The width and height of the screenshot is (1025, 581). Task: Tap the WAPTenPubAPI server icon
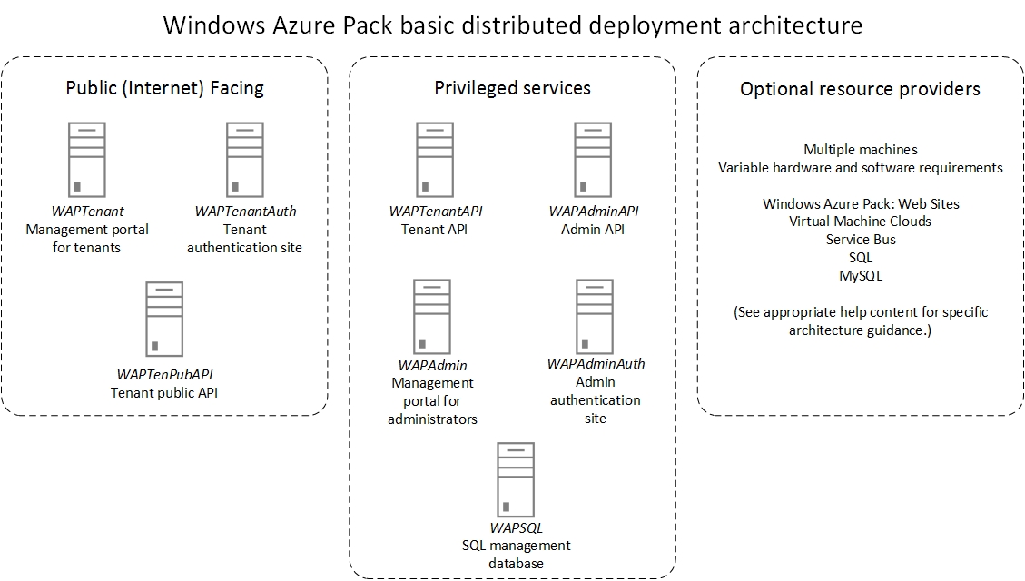pos(165,319)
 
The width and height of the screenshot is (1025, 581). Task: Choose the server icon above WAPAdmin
pos(432,316)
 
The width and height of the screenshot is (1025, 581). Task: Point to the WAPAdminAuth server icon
pos(596,316)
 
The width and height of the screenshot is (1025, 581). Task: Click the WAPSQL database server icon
pos(516,479)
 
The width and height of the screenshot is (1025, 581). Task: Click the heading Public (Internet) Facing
pos(164,88)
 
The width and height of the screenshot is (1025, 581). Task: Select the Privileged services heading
pos(512,88)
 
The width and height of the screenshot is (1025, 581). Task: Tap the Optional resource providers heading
pos(860,89)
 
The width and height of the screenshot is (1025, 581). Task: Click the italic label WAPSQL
pos(516,527)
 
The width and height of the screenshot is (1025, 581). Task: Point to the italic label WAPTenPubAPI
pos(165,374)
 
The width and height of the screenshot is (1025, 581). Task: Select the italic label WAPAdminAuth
pos(596,364)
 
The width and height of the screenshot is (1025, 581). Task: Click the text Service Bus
pos(860,240)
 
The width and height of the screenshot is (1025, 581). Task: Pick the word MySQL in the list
pos(860,276)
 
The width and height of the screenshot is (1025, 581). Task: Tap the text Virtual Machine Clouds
pos(860,222)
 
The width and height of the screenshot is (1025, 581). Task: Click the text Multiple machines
pos(860,150)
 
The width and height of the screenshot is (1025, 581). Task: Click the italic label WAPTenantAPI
pos(435,212)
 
